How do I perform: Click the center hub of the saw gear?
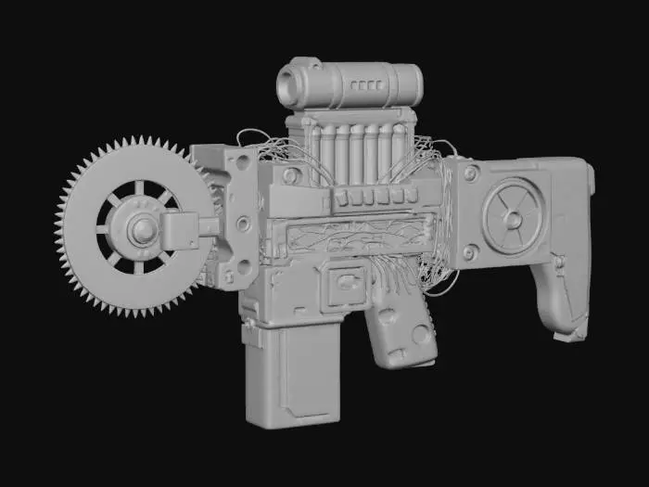point(142,228)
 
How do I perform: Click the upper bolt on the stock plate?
point(470,173)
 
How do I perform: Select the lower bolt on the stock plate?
point(469,251)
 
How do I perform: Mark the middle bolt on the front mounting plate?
point(243,224)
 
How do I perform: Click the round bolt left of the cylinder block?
point(292,174)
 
